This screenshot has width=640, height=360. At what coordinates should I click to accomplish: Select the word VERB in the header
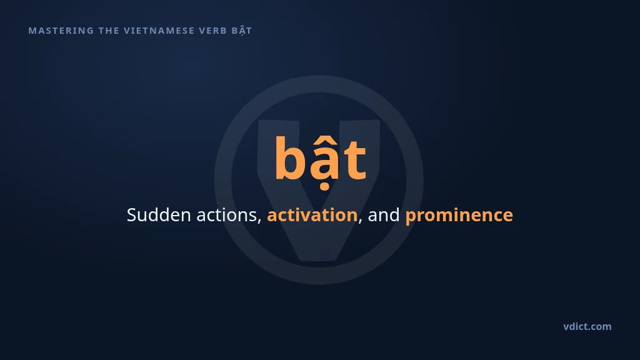(x=212, y=31)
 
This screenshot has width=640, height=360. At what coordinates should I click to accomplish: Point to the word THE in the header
(x=109, y=31)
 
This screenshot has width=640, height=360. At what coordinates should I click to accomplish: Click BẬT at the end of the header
(x=242, y=31)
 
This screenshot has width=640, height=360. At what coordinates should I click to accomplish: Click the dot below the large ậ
(x=325, y=187)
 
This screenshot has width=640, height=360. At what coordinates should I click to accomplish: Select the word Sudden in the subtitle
(x=159, y=215)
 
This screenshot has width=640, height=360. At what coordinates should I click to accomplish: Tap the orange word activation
(x=312, y=215)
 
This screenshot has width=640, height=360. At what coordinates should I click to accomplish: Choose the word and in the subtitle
(x=384, y=215)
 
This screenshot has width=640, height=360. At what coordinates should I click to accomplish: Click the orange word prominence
(x=459, y=216)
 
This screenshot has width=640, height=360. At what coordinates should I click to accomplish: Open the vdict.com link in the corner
(x=587, y=326)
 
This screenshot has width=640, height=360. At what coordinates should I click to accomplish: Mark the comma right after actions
(x=260, y=221)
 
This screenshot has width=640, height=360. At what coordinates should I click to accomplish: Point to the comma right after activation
(x=360, y=221)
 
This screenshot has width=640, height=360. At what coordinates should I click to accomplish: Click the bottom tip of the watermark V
(x=318, y=260)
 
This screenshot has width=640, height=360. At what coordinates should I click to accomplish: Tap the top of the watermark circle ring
(x=319, y=84)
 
